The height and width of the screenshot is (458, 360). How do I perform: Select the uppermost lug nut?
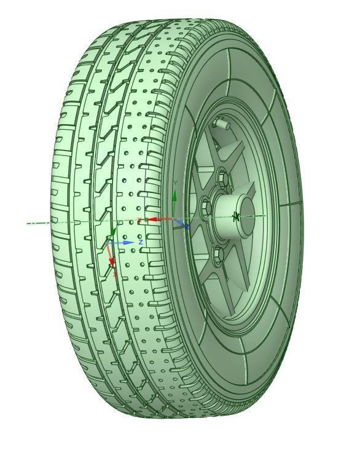pyautogui.click(x=222, y=179)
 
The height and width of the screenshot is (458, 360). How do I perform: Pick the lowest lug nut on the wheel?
pyautogui.click(x=217, y=251)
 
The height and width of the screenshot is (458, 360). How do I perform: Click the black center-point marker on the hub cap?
pyautogui.click(x=237, y=216)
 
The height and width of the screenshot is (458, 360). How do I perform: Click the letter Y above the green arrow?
pyautogui.click(x=175, y=183)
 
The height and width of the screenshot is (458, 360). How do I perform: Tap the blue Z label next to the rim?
pyautogui.click(x=187, y=227)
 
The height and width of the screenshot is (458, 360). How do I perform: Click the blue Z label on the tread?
pyautogui.click(x=141, y=243)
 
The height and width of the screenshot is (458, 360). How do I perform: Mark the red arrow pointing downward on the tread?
pyautogui.click(x=111, y=255)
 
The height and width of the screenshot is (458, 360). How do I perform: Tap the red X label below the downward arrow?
pyautogui.click(x=115, y=274)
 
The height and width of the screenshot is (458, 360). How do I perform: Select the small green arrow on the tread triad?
pyautogui.click(x=112, y=233)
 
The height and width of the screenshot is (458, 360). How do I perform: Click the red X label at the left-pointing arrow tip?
pyautogui.click(x=139, y=219)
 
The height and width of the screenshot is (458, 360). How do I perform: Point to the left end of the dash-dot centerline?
pyautogui.click(x=28, y=223)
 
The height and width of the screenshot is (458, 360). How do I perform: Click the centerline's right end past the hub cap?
pyautogui.click(x=265, y=216)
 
